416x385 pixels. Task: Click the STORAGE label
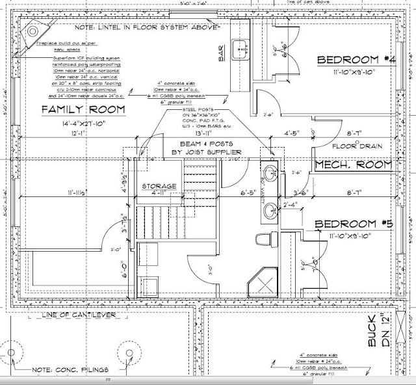(159, 187)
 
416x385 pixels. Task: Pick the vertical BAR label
(222, 53)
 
